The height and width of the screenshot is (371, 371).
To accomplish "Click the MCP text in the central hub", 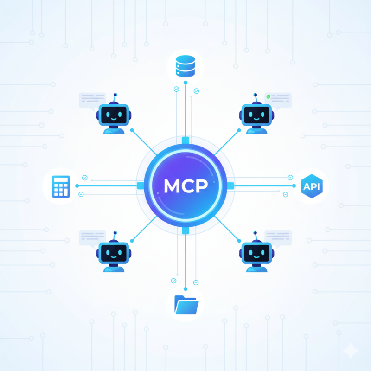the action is point(186,186).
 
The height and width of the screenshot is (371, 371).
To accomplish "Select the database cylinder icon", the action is point(185,66).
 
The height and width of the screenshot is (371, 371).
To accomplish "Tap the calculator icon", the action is point(61,187).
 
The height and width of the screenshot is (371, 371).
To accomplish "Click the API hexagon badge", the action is point(312,186).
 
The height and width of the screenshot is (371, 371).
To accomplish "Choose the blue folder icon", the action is point(186,305).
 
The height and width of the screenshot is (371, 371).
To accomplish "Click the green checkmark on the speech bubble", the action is point(269,96).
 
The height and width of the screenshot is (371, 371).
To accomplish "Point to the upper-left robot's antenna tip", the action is point(115,95).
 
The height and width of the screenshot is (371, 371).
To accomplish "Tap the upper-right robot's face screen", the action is point(257,115).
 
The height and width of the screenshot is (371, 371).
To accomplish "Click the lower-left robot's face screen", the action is point(114,253).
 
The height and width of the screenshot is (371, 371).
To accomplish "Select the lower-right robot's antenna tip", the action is point(255,233).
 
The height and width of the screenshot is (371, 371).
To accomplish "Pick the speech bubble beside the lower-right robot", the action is point(278,239).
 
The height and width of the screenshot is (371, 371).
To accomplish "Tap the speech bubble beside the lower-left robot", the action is point(92,239).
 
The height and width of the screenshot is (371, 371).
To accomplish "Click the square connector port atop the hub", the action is point(185,140).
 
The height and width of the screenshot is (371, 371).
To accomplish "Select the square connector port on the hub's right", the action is point(230,186).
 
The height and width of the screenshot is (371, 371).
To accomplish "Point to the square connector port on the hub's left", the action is point(141,186).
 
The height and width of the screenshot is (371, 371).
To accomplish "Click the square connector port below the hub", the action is point(185,231).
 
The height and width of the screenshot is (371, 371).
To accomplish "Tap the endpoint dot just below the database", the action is point(185,83).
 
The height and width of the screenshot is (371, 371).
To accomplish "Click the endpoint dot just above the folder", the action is point(185,289).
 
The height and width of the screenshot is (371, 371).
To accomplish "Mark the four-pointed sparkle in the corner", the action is point(351,351).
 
